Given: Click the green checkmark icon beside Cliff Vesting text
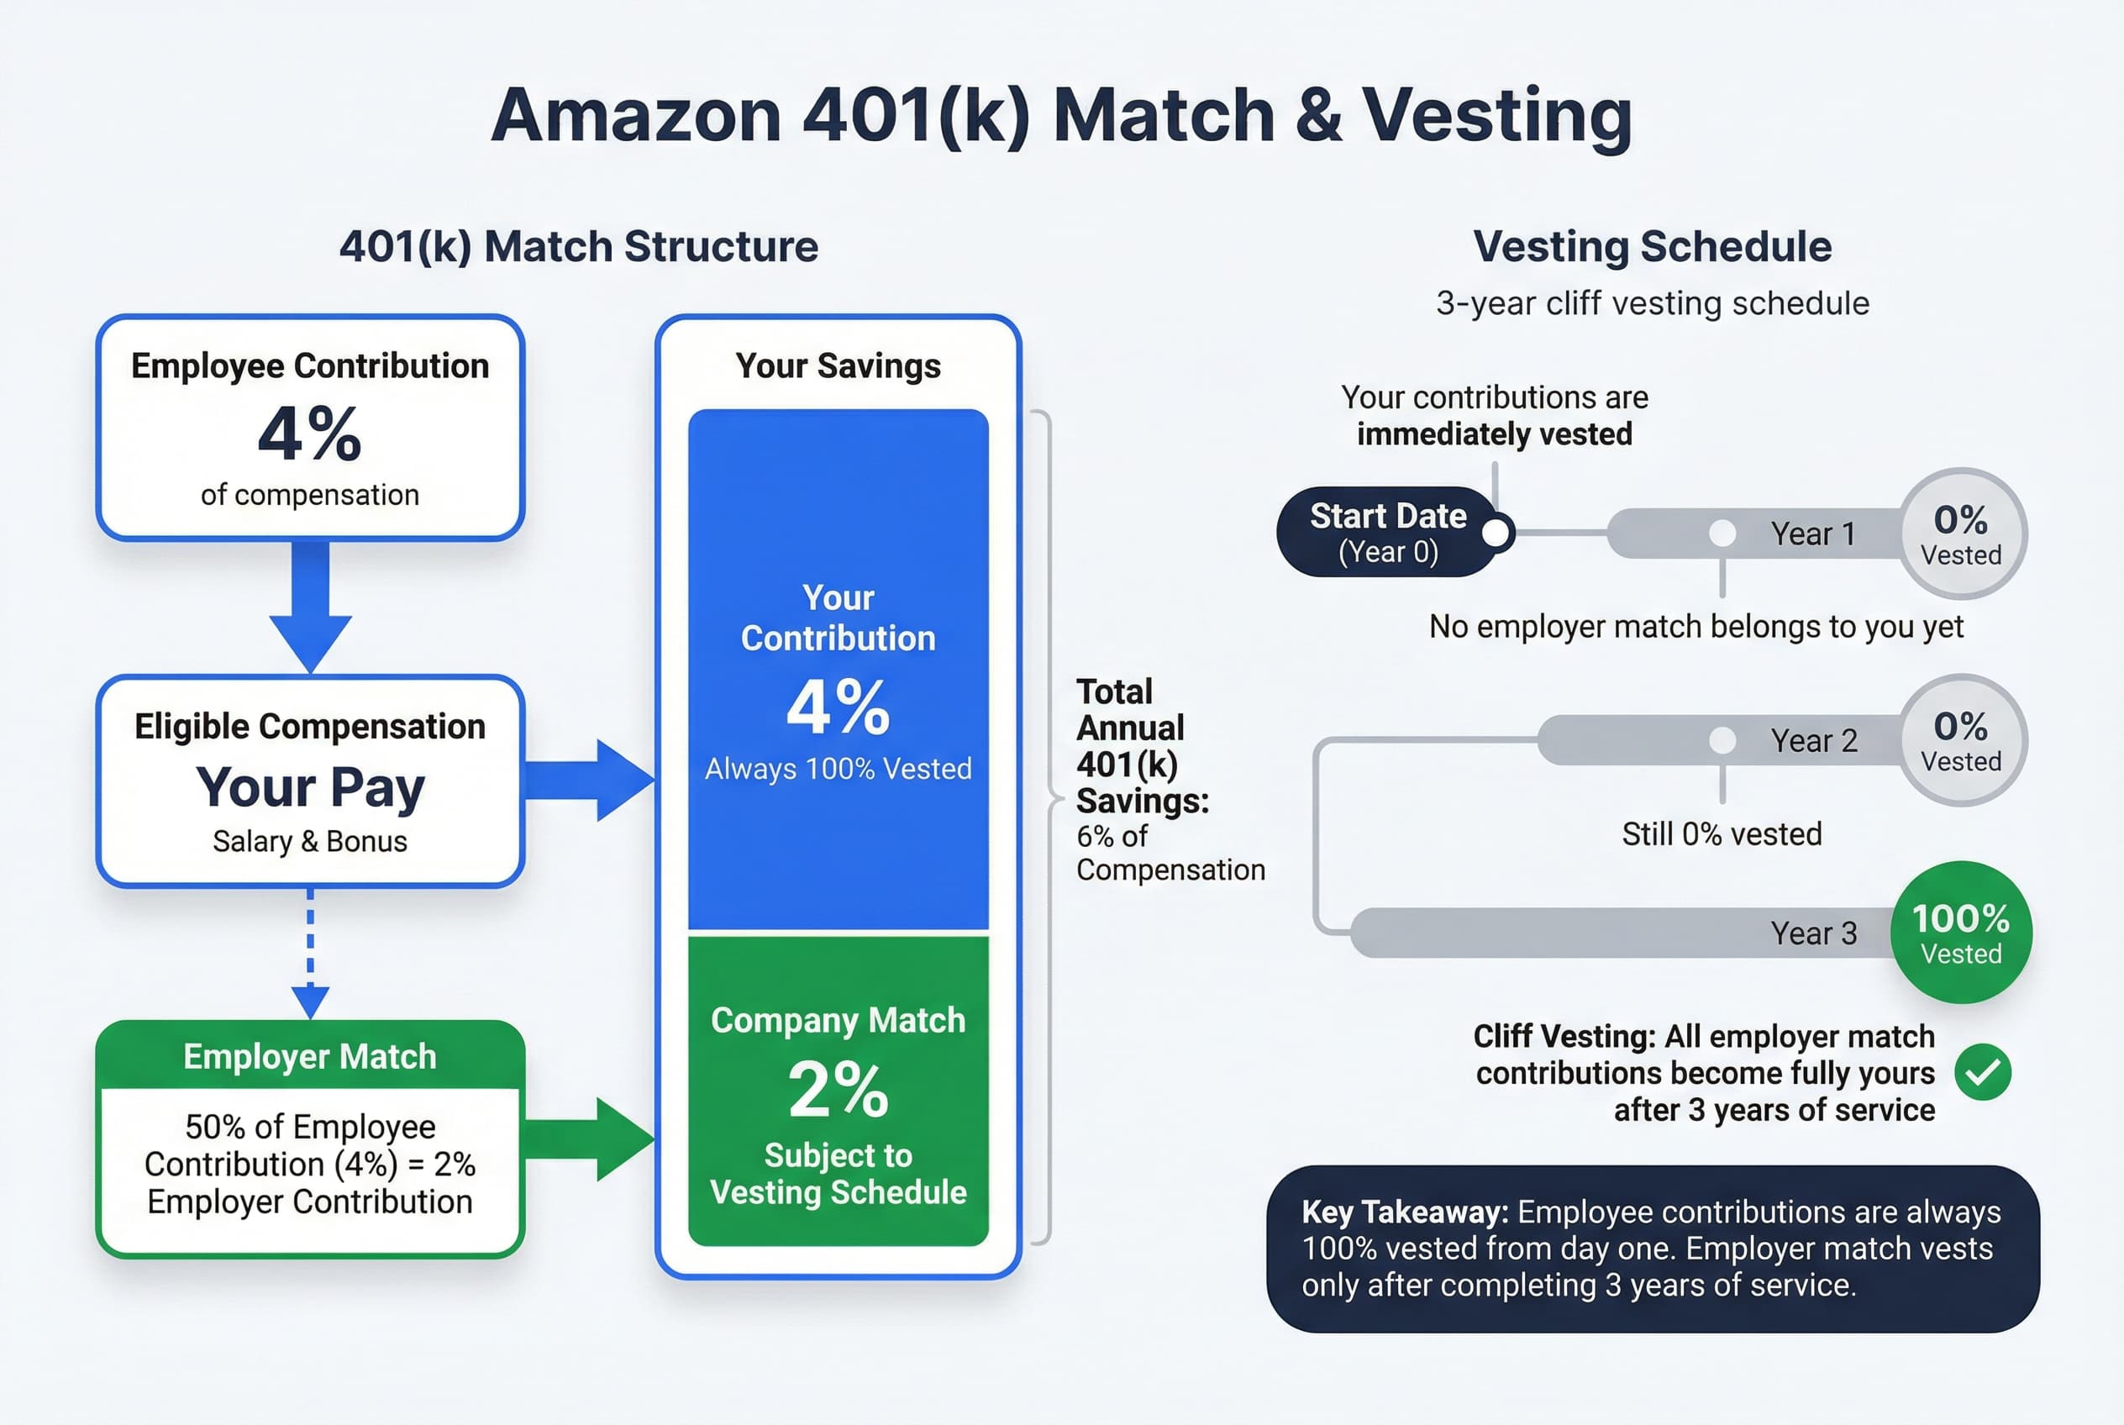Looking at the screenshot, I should coord(1982,1072).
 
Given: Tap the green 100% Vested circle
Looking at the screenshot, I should coord(1960,933).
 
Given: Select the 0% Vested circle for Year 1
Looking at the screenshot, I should coord(1961,534).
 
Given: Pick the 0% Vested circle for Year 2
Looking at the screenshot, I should coord(1961,739).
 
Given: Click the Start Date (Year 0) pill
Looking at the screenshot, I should coord(1388,533).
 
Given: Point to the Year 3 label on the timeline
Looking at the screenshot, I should coord(1813,933).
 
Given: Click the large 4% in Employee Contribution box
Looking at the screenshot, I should coord(310,434).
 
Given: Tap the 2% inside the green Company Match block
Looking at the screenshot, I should coord(837,1089).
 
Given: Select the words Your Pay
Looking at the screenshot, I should coord(310,787).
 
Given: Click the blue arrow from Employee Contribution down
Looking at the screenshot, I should coord(310,604).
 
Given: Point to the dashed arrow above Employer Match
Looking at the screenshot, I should coord(310,954).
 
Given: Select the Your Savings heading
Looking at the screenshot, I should coord(837,366).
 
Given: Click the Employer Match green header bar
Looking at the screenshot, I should coord(310,1056).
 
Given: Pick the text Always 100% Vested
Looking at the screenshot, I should coord(837,769).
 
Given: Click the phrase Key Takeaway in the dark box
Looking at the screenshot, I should coord(1404,1212).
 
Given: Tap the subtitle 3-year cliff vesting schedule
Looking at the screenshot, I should coord(1652,303).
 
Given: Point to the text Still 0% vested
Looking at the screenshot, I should coord(1722,834).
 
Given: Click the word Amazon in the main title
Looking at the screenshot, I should coord(636,116).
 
